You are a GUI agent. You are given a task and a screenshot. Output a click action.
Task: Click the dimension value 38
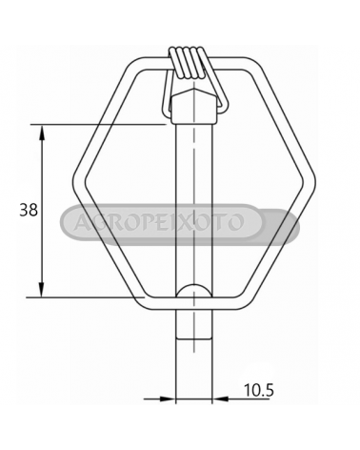coord(29,210)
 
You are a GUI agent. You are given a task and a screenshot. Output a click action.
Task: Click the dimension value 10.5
coord(258,389)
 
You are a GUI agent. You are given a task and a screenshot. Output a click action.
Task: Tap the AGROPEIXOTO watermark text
coord(159,222)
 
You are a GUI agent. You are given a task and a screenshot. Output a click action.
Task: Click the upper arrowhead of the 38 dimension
coord(42,133)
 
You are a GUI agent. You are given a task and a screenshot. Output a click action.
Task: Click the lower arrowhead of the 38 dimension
coord(42,289)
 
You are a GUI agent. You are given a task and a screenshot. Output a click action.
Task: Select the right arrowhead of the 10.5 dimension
coord(220,399)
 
